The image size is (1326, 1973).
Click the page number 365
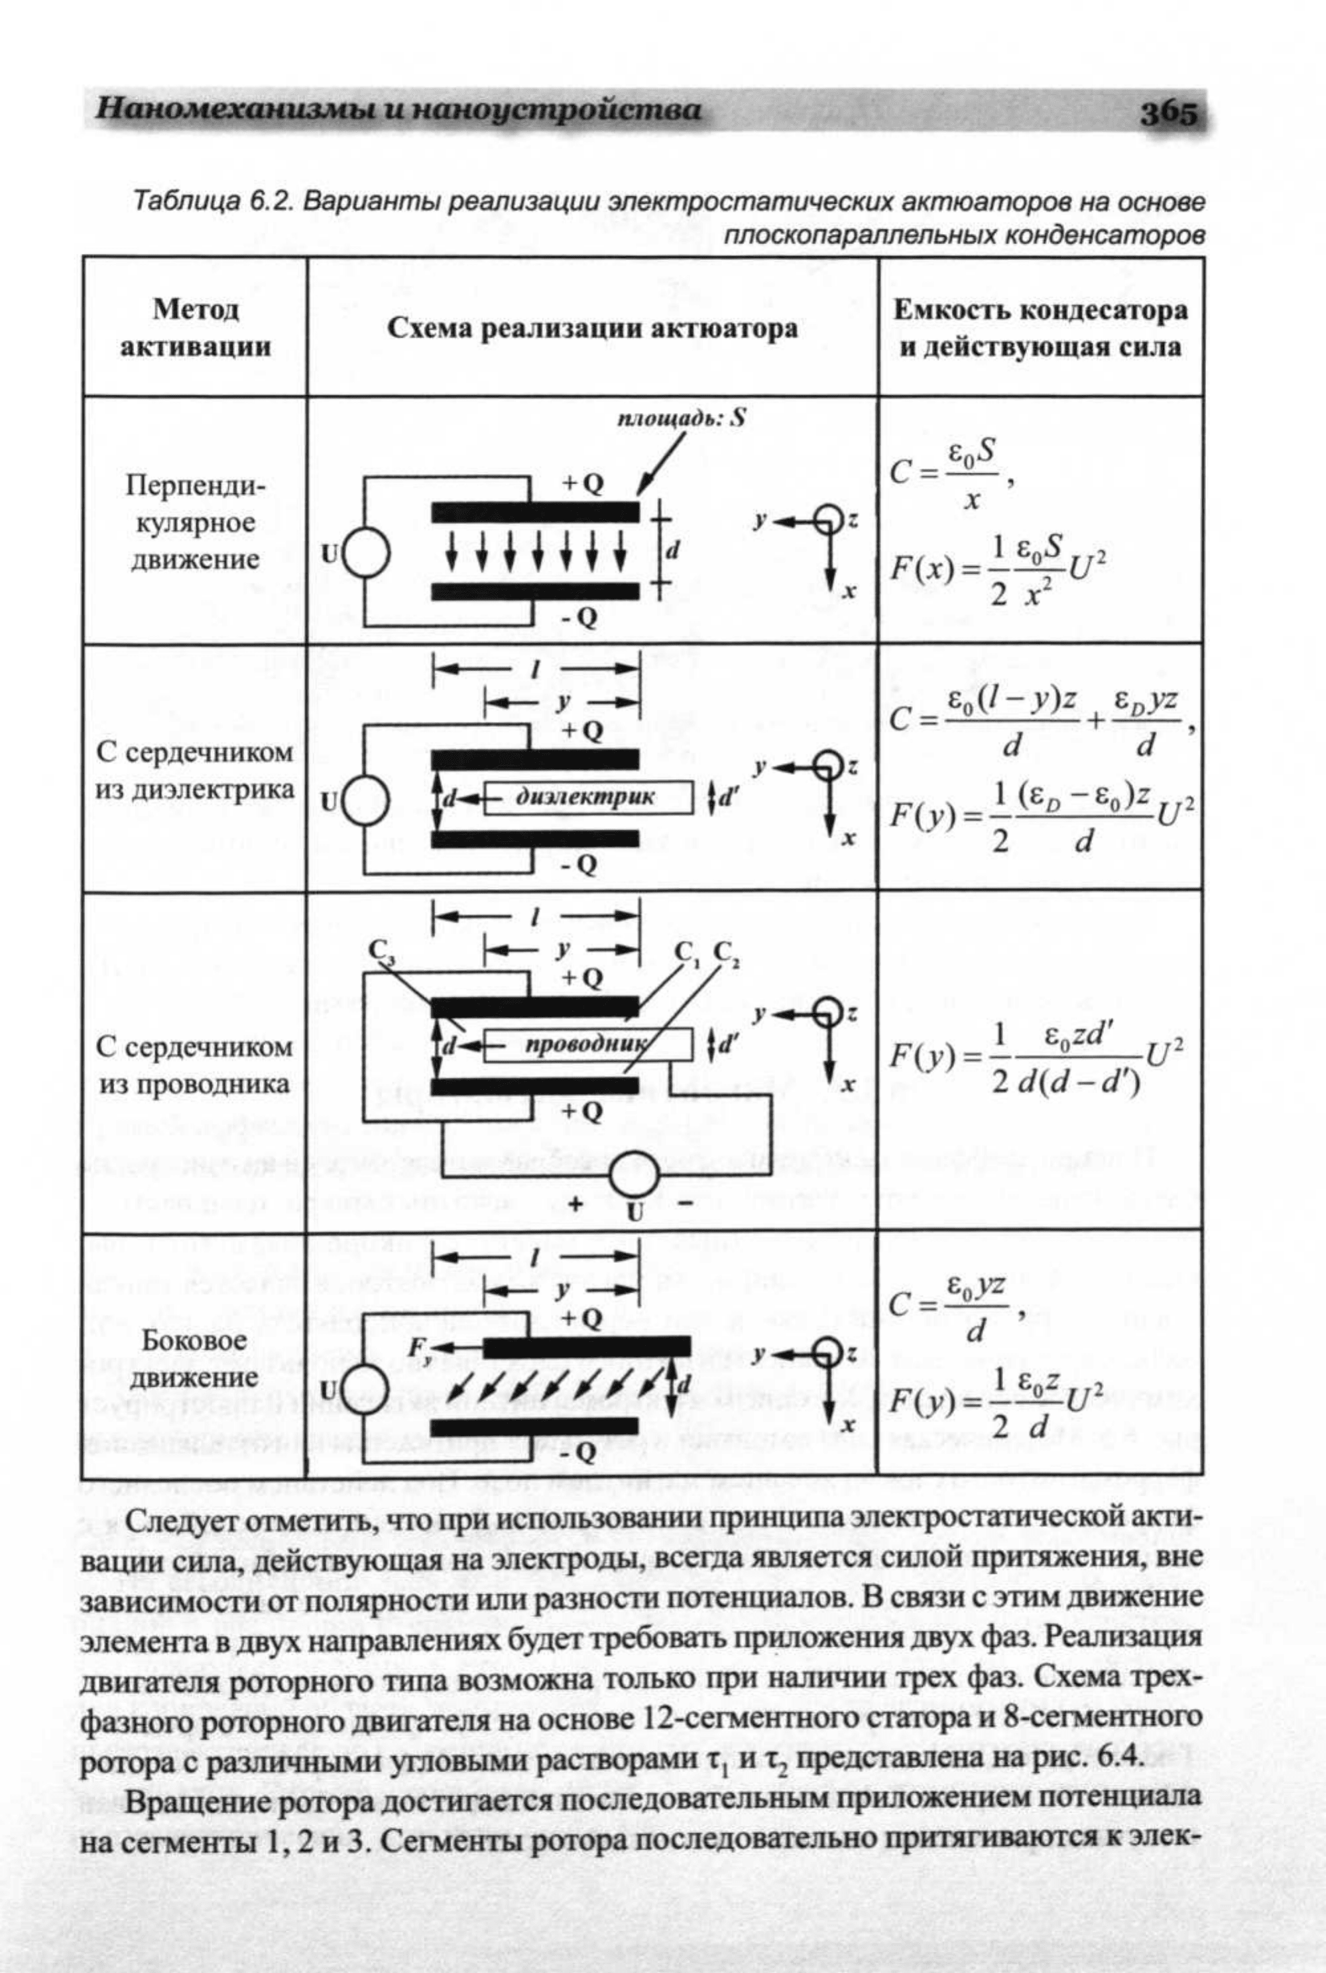coord(1170,113)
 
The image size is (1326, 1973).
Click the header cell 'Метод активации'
coord(196,328)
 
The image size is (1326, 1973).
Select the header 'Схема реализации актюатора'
coord(592,328)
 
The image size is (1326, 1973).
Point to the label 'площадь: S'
coord(682,418)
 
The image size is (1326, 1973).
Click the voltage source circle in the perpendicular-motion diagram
coord(365,553)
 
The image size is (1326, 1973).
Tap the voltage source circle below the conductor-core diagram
coord(635,1175)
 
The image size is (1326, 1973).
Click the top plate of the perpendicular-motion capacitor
coord(535,512)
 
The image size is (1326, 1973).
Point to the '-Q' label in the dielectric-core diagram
coord(578,865)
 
